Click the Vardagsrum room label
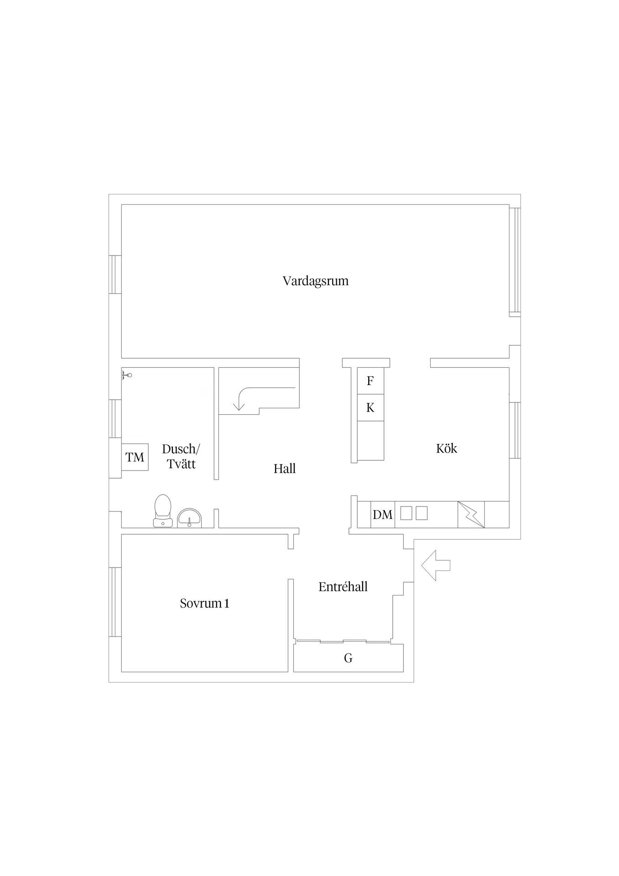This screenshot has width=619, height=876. pos(316,281)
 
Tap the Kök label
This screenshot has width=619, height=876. pos(447,448)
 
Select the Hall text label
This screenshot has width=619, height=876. pos(285,469)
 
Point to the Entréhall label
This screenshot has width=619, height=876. pos(343,587)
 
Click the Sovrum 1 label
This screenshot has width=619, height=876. pos(204,604)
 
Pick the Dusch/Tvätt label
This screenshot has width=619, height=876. pos(181,457)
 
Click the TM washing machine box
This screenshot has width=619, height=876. pos(135,457)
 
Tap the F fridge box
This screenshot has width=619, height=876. pos(370,381)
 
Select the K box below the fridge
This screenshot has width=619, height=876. pos(370,408)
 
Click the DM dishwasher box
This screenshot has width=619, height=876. pos(383,515)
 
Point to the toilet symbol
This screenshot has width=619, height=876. pos(163,511)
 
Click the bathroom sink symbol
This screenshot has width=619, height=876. pos(189,518)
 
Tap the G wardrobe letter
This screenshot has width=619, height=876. pos(348,658)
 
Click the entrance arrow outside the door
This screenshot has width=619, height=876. pos(436,565)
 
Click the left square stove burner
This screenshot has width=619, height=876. pos(406,513)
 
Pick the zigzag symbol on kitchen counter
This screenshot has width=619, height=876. pos(471,515)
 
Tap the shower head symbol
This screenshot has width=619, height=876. pos(127,375)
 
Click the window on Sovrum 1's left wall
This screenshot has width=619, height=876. pos(115,602)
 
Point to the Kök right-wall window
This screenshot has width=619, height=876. pos(515,430)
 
